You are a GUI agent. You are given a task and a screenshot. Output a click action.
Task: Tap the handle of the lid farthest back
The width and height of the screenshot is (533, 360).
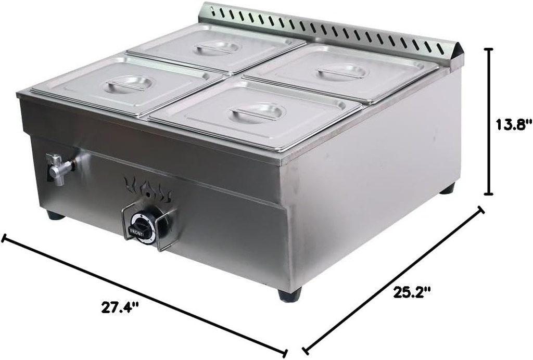point(218,48)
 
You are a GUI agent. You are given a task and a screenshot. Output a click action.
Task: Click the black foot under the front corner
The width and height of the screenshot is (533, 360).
point(289,295)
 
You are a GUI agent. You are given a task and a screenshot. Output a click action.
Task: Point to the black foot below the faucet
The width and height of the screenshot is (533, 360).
point(55,215)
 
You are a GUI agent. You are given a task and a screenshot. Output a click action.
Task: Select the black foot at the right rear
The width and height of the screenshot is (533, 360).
point(447,188)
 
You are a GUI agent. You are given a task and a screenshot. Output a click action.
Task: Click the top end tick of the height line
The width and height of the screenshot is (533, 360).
point(489,49)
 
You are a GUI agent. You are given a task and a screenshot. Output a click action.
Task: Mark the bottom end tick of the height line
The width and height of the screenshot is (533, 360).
point(489,194)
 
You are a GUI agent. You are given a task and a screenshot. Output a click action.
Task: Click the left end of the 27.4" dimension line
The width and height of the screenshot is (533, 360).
point(4,239)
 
